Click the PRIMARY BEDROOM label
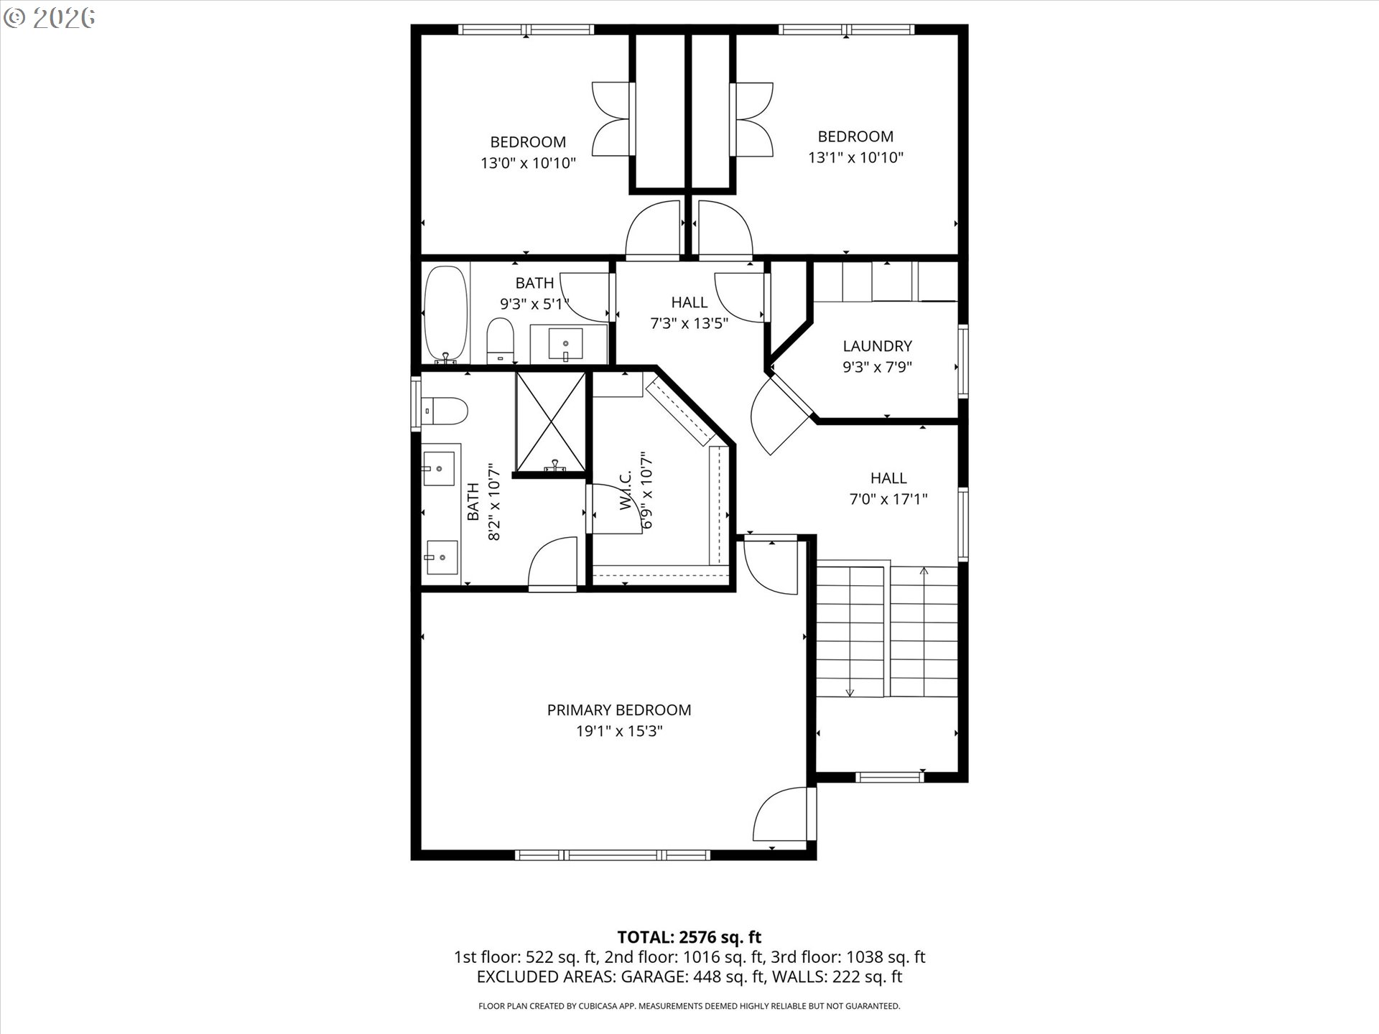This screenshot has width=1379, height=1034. (618, 710)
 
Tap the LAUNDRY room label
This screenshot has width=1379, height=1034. (877, 346)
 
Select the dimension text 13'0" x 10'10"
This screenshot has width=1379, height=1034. (528, 163)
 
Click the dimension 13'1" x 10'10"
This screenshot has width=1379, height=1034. (855, 157)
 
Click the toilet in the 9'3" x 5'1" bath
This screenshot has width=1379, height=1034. (500, 341)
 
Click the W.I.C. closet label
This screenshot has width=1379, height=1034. (625, 491)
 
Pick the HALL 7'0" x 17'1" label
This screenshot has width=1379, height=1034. (888, 478)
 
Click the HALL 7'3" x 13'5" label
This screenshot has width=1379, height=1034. (689, 302)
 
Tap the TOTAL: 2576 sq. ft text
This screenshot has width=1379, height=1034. (689, 937)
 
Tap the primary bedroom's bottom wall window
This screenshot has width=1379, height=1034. (613, 854)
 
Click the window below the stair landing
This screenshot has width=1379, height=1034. (889, 776)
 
